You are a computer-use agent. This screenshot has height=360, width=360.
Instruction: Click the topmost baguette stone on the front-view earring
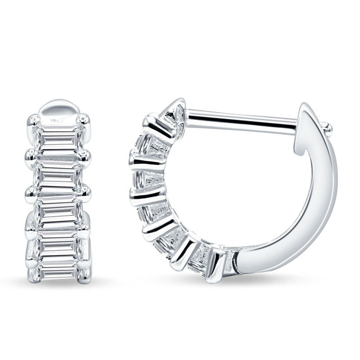pos(59,140)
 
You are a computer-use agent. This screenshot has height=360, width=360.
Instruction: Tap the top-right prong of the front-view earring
pos(84,119)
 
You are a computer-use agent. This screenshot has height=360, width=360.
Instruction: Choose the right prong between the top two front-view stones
pos(85,156)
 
